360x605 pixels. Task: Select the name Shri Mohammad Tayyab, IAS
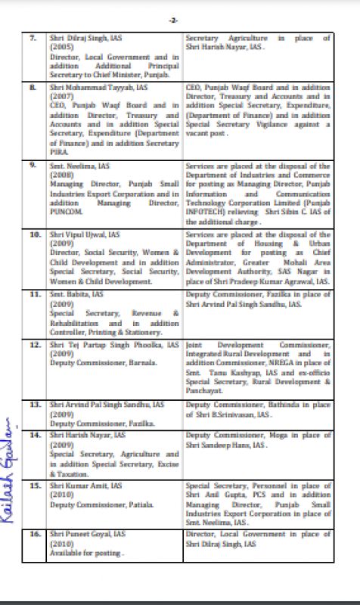point(93,88)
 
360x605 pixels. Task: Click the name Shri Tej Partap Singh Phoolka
point(114,344)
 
